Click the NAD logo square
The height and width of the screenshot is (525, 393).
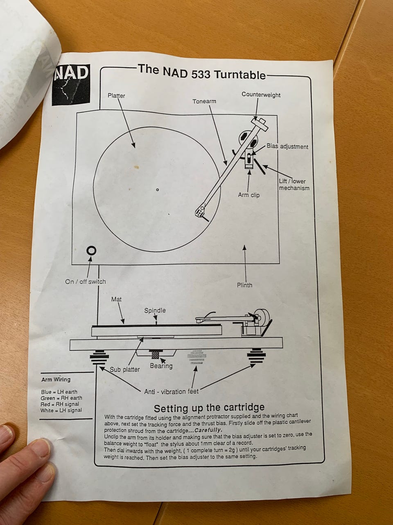(x=71, y=84)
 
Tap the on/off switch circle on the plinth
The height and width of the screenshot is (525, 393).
(x=91, y=251)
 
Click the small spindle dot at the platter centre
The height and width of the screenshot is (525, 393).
(x=157, y=189)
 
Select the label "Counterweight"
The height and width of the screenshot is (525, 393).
(x=261, y=95)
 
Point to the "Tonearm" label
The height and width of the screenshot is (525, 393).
(x=204, y=101)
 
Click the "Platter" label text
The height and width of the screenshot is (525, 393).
(x=116, y=96)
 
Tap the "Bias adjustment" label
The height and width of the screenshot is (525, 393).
(x=287, y=146)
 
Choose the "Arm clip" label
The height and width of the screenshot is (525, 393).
(x=248, y=195)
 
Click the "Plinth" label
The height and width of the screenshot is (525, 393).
(x=244, y=285)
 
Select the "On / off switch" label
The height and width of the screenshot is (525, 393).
(x=86, y=281)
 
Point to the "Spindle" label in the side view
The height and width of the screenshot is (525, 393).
(x=155, y=310)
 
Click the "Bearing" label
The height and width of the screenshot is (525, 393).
(x=161, y=366)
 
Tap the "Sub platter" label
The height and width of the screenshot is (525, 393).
(x=124, y=369)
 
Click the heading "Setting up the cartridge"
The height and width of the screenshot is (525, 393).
(x=209, y=408)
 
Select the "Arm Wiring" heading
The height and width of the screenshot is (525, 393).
(x=56, y=379)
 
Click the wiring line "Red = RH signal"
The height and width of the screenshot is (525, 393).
(x=60, y=404)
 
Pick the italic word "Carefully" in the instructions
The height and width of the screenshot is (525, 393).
(x=208, y=430)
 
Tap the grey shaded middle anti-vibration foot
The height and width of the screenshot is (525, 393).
(x=196, y=357)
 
